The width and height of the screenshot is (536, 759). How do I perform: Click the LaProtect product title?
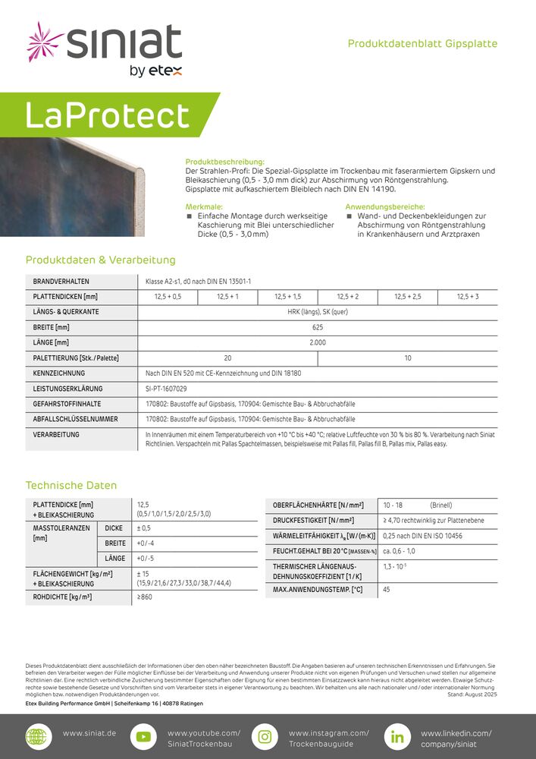[x=107, y=115]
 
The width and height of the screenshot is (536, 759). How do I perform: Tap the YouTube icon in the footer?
[x=142, y=736]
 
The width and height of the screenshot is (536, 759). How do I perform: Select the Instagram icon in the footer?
[x=265, y=736]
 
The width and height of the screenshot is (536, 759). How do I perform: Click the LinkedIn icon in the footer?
[x=397, y=736]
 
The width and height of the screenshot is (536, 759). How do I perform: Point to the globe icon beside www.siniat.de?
[x=36, y=736]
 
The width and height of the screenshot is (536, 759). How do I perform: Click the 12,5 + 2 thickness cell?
[x=347, y=297]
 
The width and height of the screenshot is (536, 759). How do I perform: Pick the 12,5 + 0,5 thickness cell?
[x=167, y=297]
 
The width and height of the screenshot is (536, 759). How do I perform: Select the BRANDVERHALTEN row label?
[x=61, y=282]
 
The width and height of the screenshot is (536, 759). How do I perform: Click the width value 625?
[x=318, y=327]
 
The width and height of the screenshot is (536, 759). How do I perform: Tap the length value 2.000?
[x=318, y=342]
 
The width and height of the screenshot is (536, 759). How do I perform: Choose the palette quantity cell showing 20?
[x=227, y=357]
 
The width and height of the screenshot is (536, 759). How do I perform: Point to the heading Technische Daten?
[x=71, y=485]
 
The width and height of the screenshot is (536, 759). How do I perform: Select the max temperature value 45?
[x=387, y=590]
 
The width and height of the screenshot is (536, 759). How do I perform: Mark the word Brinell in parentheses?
[x=441, y=505]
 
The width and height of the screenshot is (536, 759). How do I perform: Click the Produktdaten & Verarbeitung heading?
[x=100, y=260]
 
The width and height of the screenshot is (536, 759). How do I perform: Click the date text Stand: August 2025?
[x=472, y=694]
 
